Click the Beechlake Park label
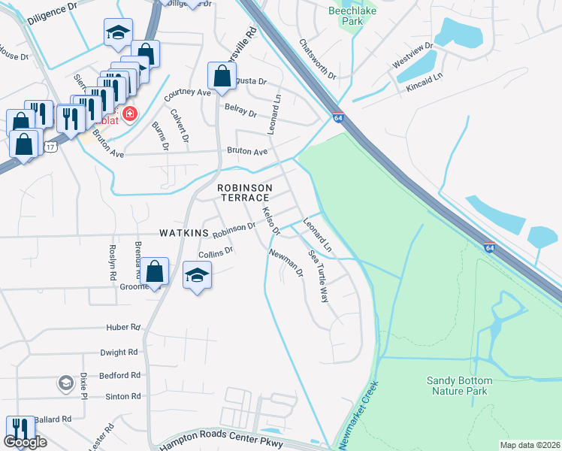[x=346, y=16]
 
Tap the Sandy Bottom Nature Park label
[x=458, y=386]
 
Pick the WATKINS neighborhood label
[x=183, y=233]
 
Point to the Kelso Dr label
[x=270, y=220]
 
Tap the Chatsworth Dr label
[x=316, y=59]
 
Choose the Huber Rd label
[x=123, y=328]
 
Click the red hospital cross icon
[x=130, y=114]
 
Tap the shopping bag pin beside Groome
[x=155, y=272]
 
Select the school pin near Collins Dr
[x=197, y=275]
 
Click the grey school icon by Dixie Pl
[x=65, y=383]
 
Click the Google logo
[x=26, y=442]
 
